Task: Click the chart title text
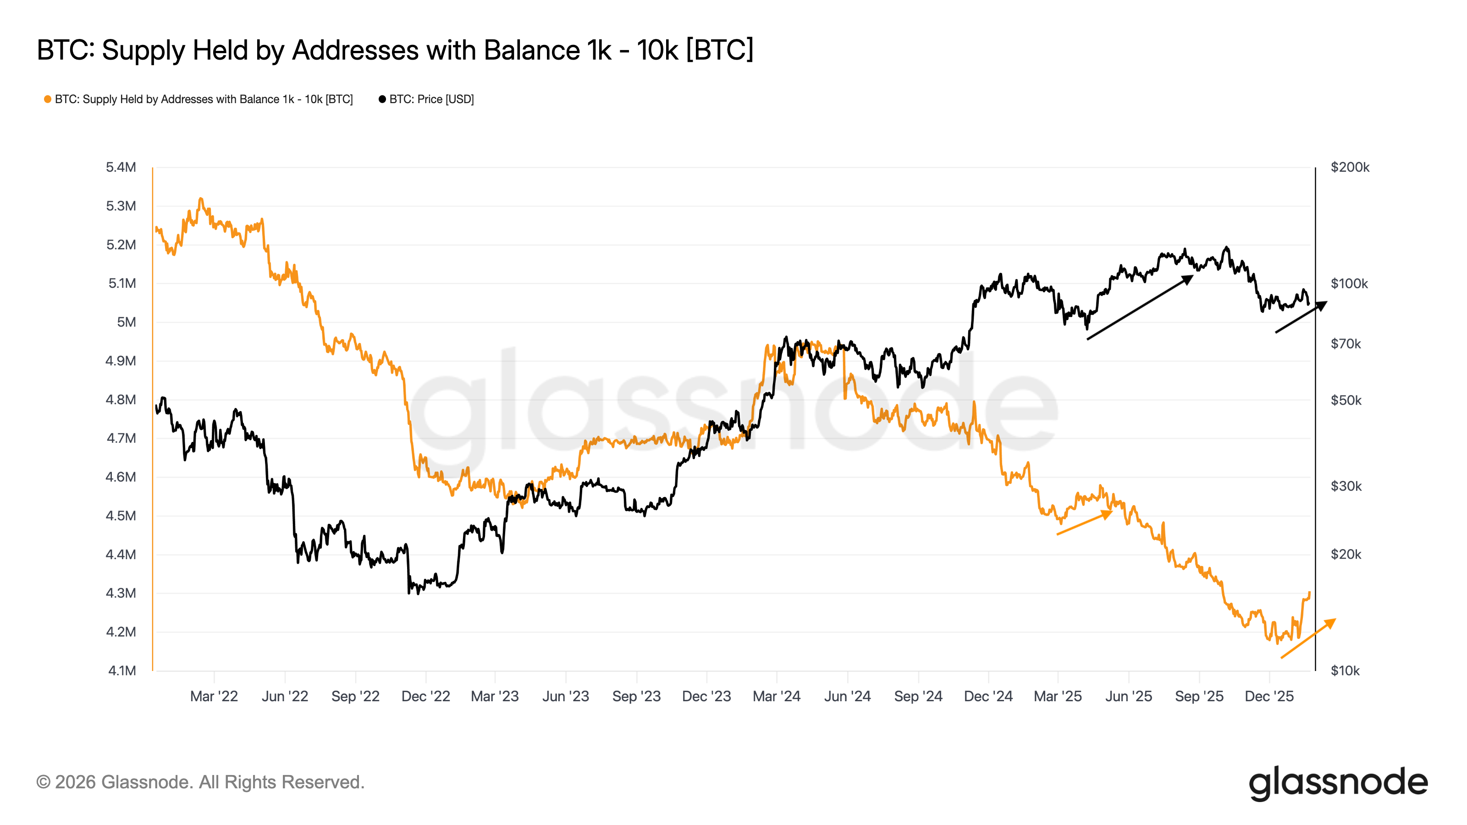click(395, 50)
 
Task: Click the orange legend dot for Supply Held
click(48, 99)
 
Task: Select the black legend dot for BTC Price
click(382, 99)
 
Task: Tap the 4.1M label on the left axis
click(122, 671)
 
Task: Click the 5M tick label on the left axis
click(127, 322)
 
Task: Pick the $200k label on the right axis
click(1350, 167)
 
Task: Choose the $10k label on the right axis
click(1345, 671)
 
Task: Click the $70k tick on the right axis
click(1346, 344)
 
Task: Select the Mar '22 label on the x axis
click(214, 696)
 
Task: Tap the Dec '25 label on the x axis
click(1269, 696)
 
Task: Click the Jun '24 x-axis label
click(847, 696)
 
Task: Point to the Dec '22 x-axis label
click(426, 696)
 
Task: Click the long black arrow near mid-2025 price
click(1140, 308)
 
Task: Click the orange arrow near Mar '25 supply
click(1084, 522)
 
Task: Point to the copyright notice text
click(200, 782)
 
